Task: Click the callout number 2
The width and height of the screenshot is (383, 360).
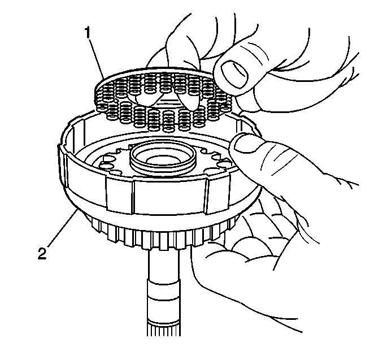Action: pyautogui.click(x=42, y=253)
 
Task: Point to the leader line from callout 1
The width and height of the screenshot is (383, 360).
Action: pyautogui.click(x=96, y=59)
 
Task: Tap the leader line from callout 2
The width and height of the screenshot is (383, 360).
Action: pyautogui.click(x=62, y=228)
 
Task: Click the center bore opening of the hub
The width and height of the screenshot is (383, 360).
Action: pyautogui.click(x=163, y=161)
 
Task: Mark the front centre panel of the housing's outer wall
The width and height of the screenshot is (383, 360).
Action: pyautogui.click(x=168, y=197)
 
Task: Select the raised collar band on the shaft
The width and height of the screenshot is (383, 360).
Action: pyautogui.click(x=163, y=290)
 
